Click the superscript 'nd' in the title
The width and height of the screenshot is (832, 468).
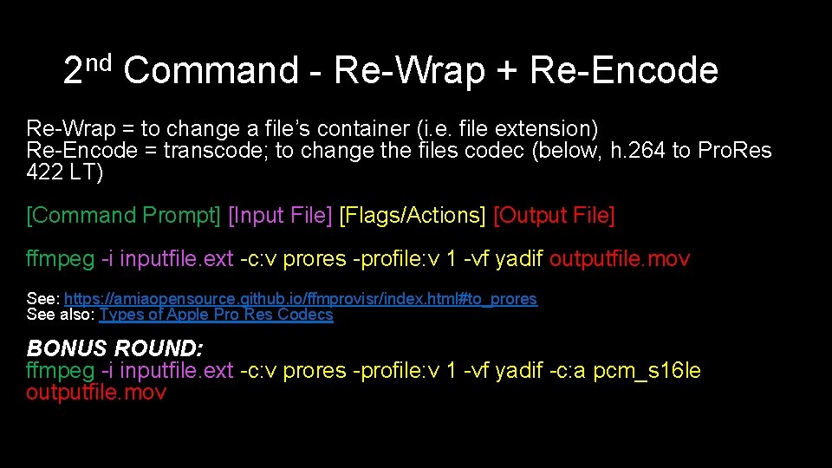tap(100, 62)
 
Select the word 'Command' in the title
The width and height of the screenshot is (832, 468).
tap(211, 71)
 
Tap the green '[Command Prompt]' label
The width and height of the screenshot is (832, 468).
tap(124, 215)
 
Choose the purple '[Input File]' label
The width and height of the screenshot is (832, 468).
tap(280, 215)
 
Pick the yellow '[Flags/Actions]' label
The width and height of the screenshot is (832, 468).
tap(413, 215)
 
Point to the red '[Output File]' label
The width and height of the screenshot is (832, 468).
tap(554, 215)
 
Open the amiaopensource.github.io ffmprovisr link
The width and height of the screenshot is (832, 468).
tap(301, 299)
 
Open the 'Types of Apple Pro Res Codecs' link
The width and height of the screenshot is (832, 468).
tap(216, 315)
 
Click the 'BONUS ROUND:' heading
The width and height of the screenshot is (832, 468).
tap(115, 348)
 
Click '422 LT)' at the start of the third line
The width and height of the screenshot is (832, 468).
tap(65, 172)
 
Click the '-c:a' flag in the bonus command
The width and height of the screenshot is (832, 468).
tap(568, 371)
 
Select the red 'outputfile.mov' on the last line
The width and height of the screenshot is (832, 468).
tap(96, 393)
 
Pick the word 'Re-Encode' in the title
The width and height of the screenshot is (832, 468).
tap(623, 71)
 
